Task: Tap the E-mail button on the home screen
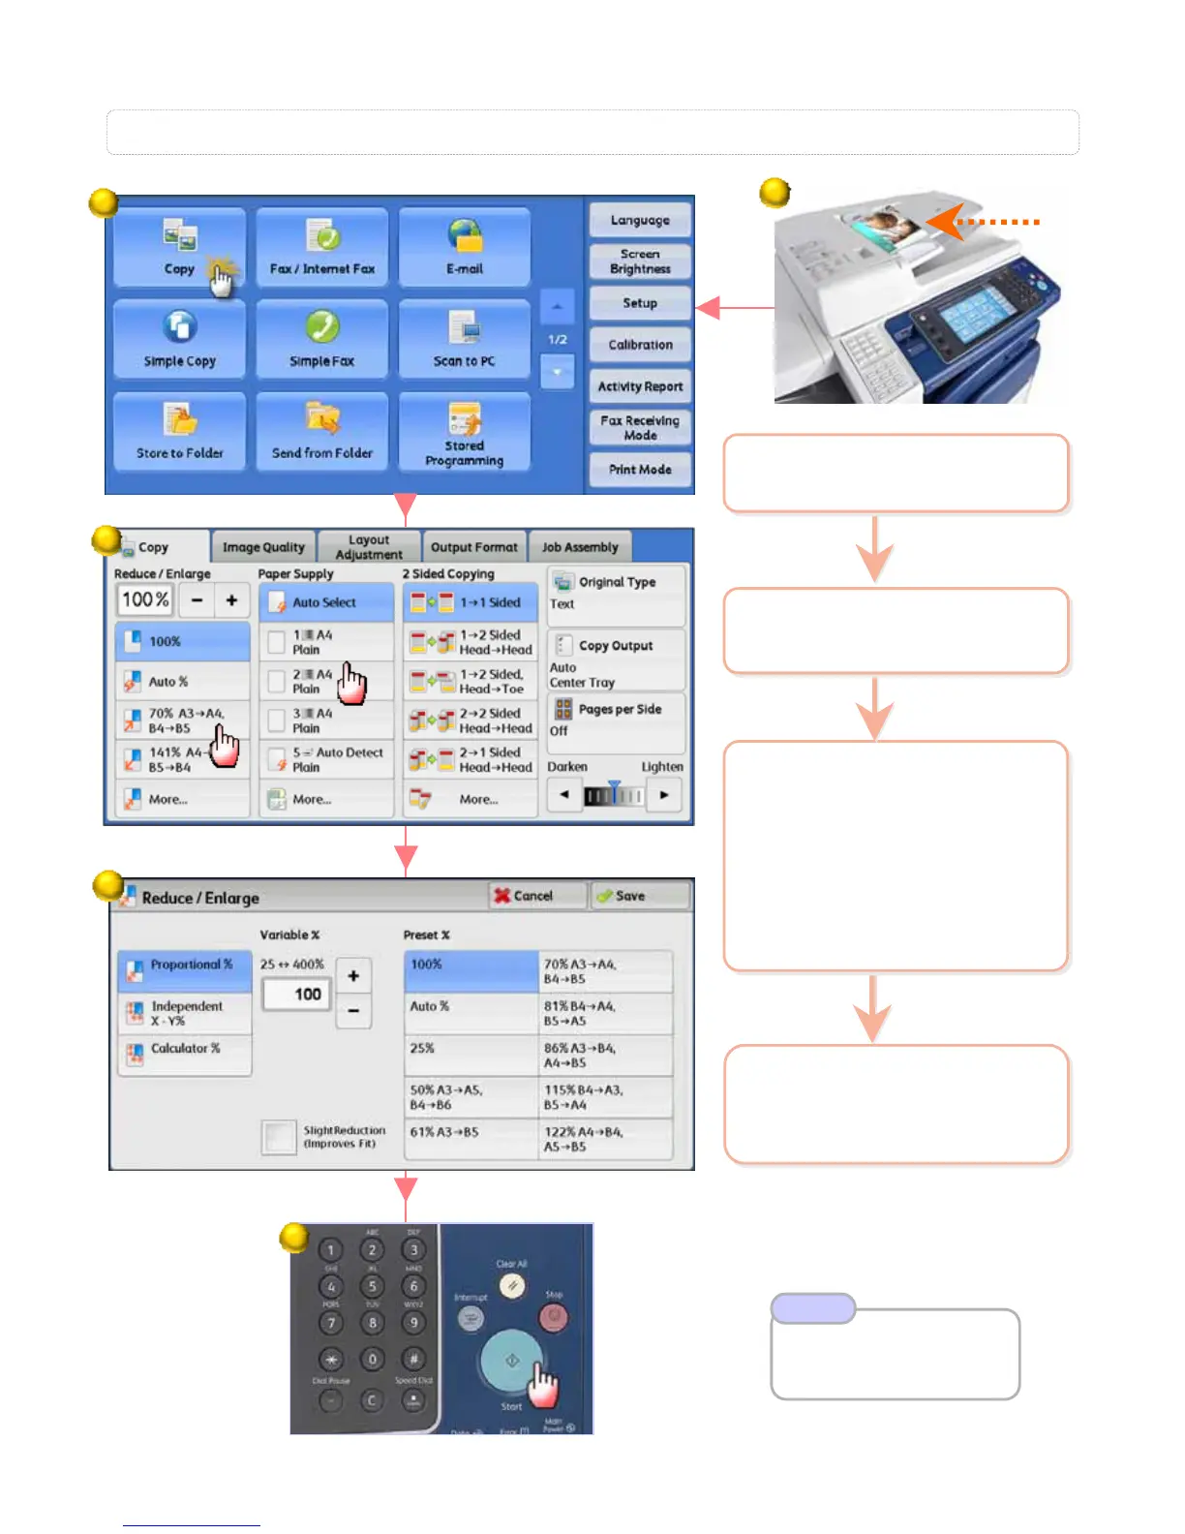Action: coord(465,247)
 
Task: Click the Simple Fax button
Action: coord(322,339)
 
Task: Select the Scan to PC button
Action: coord(465,339)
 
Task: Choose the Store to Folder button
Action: coord(180,432)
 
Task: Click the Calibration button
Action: coord(640,345)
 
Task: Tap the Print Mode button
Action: coord(640,470)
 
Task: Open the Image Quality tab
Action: coord(263,547)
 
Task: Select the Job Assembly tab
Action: coord(580,547)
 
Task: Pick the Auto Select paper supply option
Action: coord(326,602)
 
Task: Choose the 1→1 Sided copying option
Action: coord(471,602)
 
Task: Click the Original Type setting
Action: coord(617,592)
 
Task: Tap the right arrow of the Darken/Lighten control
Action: coord(664,795)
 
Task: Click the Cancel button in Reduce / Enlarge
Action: coord(537,896)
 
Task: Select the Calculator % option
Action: coord(184,1050)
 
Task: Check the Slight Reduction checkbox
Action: coord(279,1137)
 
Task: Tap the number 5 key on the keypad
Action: coord(372,1286)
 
